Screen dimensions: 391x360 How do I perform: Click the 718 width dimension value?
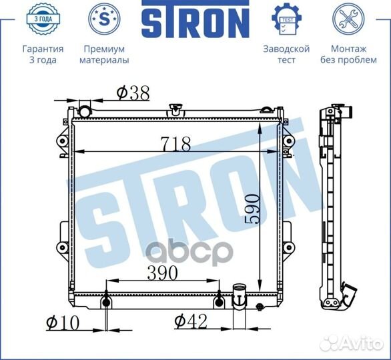(175, 144)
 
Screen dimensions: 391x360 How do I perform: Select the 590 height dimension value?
(252, 209)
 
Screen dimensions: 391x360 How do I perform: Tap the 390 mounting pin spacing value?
(162, 273)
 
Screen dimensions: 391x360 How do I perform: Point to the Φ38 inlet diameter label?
(133, 93)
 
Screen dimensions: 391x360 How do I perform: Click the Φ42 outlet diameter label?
(191, 321)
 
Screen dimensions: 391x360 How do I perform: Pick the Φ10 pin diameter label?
(63, 323)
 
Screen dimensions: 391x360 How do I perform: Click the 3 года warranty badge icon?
(43, 19)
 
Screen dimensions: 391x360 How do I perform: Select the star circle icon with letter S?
(104, 19)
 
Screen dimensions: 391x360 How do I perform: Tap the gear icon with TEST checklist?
(286, 19)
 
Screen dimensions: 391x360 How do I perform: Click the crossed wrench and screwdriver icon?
(348, 19)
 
